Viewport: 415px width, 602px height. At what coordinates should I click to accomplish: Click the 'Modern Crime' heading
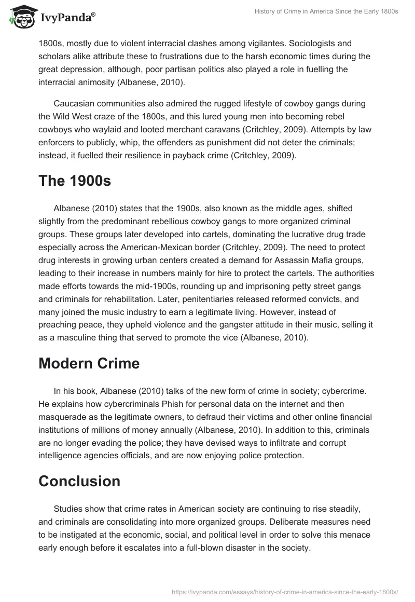pos(89,363)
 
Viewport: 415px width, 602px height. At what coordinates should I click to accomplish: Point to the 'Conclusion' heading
pos(79,481)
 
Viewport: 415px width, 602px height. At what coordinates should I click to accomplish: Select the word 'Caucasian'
pos(74,103)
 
